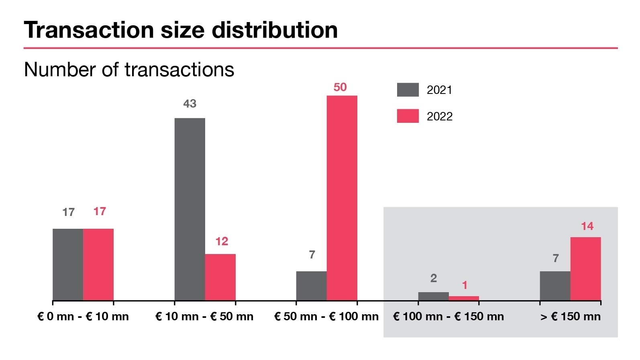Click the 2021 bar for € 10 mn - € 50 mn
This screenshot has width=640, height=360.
tap(190, 209)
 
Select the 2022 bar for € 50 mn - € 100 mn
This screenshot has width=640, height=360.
tap(342, 197)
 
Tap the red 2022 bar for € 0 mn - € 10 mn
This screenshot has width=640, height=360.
tap(98, 264)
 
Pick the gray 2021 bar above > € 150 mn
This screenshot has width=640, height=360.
tap(555, 285)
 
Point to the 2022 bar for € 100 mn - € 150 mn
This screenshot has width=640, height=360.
tap(464, 298)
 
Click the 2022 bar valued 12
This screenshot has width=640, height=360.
tap(220, 277)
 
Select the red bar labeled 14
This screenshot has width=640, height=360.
tap(585, 268)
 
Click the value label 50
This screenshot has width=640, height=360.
tap(340, 87)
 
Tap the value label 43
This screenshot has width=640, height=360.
tap(190, 104)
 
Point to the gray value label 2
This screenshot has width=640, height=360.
tap(433, 278)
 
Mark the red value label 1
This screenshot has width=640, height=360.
tap(465, 285)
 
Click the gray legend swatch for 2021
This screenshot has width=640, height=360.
tap(408, 89)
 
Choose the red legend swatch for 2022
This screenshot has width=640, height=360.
tap(408, 116)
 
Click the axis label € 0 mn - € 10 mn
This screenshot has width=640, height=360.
tap(83, 316)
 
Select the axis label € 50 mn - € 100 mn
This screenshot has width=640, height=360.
tap(326, 316)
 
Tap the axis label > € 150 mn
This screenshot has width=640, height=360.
tap(570, 316)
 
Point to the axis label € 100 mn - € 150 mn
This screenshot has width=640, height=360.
tap(448, 316)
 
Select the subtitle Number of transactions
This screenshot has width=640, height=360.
tap(129, 69)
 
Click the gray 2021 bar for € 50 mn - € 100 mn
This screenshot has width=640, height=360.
tap(311, 285)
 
